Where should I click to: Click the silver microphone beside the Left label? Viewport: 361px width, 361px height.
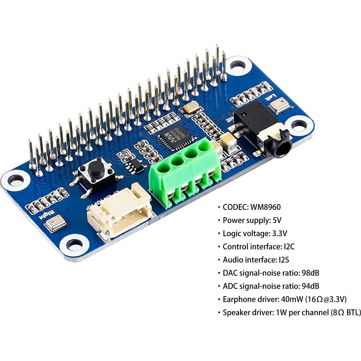coord(280,105)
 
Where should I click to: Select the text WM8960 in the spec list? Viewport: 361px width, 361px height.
coord(265,207)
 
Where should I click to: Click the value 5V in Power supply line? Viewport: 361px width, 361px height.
coord(277,220)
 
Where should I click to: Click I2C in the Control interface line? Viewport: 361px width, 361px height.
coord(289,247)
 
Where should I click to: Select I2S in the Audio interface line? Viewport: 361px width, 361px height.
coord(284,260)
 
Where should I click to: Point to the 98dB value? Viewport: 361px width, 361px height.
coord(311,273)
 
